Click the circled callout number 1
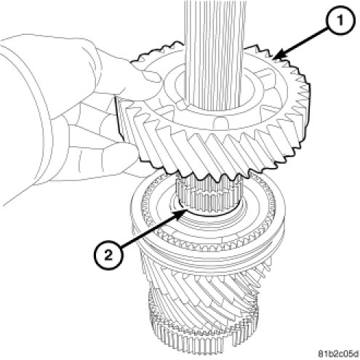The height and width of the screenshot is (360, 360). (340, 20)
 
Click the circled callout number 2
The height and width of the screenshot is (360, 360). (108, 255)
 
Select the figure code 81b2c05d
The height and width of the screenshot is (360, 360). (338, 354)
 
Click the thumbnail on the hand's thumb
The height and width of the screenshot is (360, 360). (151, 78)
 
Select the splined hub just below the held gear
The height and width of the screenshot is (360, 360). (208, 196)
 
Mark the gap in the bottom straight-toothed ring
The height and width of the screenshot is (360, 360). (235, 340)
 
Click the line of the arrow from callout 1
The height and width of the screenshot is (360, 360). (304, 42)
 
